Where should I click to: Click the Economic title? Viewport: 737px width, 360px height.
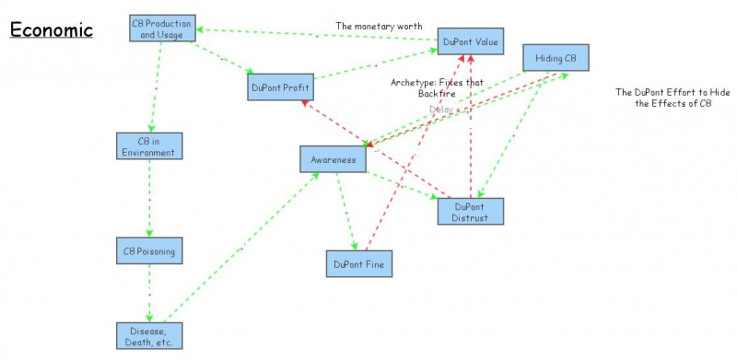click(x=52, y=29)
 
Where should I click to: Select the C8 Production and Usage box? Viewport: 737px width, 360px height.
click(x=162, y=29)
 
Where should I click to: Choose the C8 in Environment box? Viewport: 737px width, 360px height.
click(x=149, y=145)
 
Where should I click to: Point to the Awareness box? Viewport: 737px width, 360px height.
click(x=333, y=159)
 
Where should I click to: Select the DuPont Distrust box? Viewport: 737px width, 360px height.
click(x=471, y=211)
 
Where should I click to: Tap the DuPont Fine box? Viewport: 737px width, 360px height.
click(x=360, y=264)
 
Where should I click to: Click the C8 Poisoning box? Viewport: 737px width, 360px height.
click(x=149, y=250)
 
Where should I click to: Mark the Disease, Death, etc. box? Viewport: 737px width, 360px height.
click(x=149, y=335)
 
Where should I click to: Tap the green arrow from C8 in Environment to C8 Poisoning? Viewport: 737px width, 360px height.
click(x=149, y=197)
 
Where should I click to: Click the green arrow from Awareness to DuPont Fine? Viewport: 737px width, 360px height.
click(x=346, y=212)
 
